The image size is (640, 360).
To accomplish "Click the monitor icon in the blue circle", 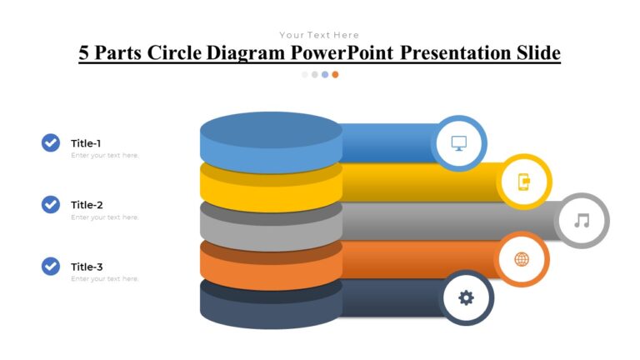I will coord(459,142).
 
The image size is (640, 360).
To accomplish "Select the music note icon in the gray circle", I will coord(582,220).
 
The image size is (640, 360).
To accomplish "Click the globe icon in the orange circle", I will coord(522,259).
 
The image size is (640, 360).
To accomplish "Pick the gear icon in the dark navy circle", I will coord(466,297).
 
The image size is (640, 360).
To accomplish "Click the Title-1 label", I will coord(86,143).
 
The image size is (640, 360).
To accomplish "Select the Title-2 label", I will coord(87,205).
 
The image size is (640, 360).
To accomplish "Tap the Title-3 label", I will coord(87,267).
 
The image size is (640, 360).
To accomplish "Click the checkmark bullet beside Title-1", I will coord(51,143).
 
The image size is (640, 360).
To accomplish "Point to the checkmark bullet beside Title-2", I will coord(51,204).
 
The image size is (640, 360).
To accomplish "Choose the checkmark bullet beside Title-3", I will coord(51,267).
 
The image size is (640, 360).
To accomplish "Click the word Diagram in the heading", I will coord(246,53).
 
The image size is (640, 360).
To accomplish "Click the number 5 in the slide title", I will coord(84,53).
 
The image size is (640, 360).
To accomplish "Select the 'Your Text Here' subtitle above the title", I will coord(319,35).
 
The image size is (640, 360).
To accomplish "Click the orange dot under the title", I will coord(335,74).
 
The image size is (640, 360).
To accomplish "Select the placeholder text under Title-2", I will coord(105,217).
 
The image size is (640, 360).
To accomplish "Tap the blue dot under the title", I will coord(325,74).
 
